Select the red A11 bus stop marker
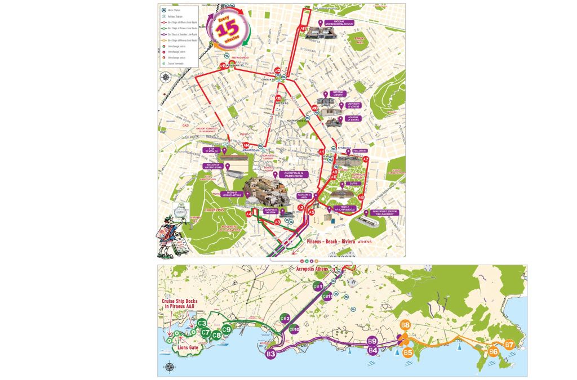304,28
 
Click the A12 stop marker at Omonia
278,71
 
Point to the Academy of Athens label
353,119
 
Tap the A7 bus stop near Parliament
365,160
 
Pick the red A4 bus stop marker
249,214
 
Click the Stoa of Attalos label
212,150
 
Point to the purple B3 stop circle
271,354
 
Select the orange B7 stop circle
509,344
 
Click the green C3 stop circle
202,323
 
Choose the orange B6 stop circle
494,351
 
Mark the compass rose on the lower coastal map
170,367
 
